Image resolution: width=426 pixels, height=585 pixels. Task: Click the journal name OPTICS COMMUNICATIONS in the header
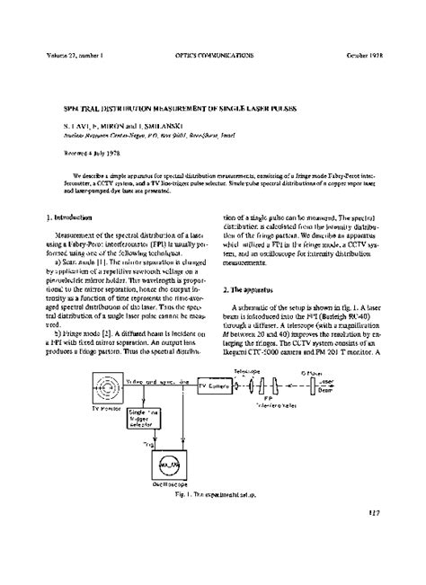[x=211, y=55]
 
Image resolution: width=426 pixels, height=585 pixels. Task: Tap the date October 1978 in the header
[x=367, y=55]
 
